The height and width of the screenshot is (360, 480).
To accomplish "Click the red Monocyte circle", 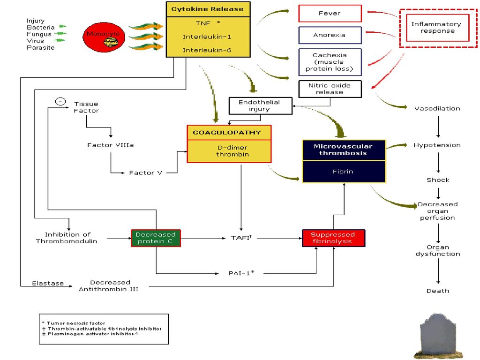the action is (104, 37).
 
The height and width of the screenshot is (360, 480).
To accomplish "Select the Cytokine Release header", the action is (208, 9).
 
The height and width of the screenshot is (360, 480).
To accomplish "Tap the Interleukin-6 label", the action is (207, 50).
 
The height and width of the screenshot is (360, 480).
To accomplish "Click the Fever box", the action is (330, 14).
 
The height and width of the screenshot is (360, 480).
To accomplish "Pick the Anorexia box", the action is (330, 35).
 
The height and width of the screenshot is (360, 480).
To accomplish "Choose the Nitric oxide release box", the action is (330, 89).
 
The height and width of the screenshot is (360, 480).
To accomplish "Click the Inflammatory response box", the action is (438, 28).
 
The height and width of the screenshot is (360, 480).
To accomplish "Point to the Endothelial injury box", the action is (261, 106).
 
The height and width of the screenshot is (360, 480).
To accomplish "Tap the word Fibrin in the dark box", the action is (343, 172).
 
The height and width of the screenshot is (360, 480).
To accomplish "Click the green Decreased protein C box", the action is (156, 238).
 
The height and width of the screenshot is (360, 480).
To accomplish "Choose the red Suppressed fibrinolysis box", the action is (333, 238).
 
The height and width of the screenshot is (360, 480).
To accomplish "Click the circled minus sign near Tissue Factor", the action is (60, 101).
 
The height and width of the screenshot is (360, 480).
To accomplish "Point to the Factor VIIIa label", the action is (111, 145).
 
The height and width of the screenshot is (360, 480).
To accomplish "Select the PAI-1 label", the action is (241, 273).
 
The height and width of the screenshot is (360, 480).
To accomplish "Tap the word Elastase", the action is (48, 284).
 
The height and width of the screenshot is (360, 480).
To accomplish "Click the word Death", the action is (438, 291).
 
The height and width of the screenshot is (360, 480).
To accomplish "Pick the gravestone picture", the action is (438, 336).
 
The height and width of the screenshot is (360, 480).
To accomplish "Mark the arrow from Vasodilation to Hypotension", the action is (438, 126).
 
